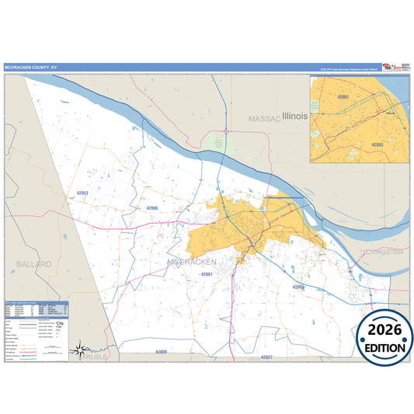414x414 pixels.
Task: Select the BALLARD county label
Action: pos(33,264)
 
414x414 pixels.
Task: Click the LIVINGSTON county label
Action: pos(383,252)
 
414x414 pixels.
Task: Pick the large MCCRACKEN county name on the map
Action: pos(197,263)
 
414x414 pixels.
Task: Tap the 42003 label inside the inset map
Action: pos(377,144)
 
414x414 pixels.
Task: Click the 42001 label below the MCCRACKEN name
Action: pos(207,275)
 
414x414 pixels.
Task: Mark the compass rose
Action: pos(79,351)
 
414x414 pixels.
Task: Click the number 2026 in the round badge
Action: pos(380,332)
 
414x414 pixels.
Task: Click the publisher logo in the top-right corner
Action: pos(388,67)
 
